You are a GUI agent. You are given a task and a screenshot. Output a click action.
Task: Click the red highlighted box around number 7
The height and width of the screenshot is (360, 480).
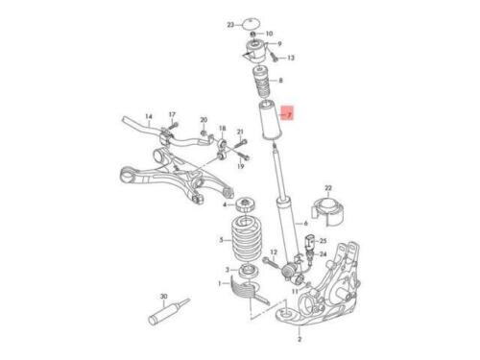(x=287, y=112)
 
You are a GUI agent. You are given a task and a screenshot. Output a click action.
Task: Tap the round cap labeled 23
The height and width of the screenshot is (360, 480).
(x=251, y=24)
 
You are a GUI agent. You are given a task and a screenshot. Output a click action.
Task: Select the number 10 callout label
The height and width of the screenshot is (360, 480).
(x=269, y=34)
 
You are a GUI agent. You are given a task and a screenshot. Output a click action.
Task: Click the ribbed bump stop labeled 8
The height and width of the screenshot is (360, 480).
(x=262, y=83)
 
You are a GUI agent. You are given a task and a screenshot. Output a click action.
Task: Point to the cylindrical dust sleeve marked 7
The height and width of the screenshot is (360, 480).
(x=271, y=120)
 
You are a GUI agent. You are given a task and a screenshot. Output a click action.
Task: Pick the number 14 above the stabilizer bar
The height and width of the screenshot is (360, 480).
(x=149, y=116)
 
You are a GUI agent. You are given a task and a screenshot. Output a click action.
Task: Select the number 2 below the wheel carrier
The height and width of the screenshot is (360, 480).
(x=300, y=339)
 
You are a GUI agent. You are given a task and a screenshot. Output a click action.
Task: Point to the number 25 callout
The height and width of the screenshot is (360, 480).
(x=324, y=241)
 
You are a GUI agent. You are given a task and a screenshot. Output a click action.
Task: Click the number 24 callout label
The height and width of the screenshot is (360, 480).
(x=324, y=254)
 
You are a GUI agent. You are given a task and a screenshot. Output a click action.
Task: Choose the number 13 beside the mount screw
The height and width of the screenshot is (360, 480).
(x=291, y=58)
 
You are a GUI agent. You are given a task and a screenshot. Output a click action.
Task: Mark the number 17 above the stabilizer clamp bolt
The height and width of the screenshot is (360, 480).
(x=172, y=114)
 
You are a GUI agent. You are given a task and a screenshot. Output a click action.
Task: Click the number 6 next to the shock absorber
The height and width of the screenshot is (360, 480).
(x=305, y=224)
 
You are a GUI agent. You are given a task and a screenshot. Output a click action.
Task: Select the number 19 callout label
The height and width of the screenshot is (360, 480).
(x=241, y=166)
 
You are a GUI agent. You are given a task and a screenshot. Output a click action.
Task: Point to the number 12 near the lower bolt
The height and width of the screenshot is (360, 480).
(x=274, y=252)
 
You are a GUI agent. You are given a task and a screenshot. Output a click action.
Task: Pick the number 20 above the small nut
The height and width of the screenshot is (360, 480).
(x=204, y=120)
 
